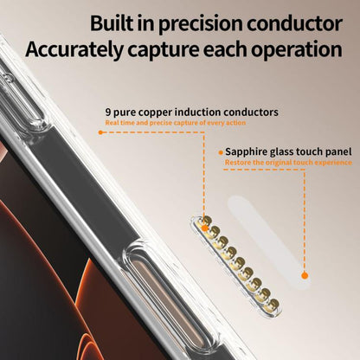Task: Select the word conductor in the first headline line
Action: pos(294,23)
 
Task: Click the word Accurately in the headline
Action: pos(74,49)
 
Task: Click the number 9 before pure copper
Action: pos(108,112)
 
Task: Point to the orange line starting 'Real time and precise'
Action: pos(176,123)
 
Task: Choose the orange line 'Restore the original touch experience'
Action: pos(288,163)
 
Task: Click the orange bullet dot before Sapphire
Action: pos(221,152)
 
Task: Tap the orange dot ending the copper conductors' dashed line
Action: pos(100,132)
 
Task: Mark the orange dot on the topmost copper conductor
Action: pos(204,228)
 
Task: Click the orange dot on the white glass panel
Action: pos(305,275)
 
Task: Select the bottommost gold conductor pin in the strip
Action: pos(273,305)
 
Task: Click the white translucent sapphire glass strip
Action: pos(268,242)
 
